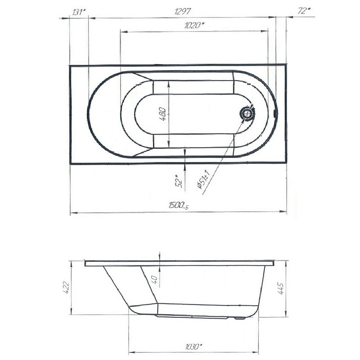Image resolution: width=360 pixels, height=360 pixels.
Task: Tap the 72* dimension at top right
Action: tap(304, 10)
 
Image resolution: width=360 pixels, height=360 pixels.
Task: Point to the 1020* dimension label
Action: tap(194, 25)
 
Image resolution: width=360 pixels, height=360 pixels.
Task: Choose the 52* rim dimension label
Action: tap(179, 181)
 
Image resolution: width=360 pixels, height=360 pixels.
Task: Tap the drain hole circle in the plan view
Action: tap(247, 113)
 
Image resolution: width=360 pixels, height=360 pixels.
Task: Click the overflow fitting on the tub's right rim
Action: tap(275, 113)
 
